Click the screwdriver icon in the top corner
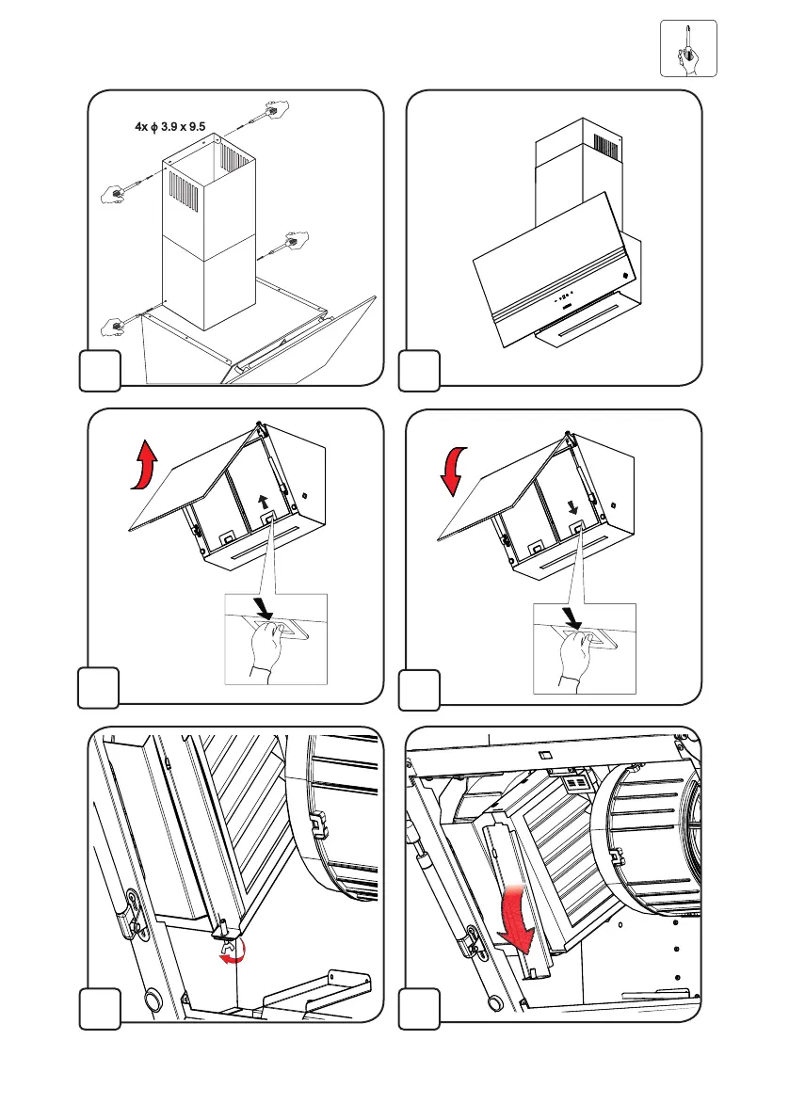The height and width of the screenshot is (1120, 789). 688,48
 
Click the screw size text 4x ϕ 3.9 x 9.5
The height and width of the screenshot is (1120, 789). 170,126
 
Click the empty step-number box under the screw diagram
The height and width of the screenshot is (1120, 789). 98,369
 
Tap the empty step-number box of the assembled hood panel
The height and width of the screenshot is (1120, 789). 418,369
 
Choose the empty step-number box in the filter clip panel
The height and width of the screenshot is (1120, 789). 98,1008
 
